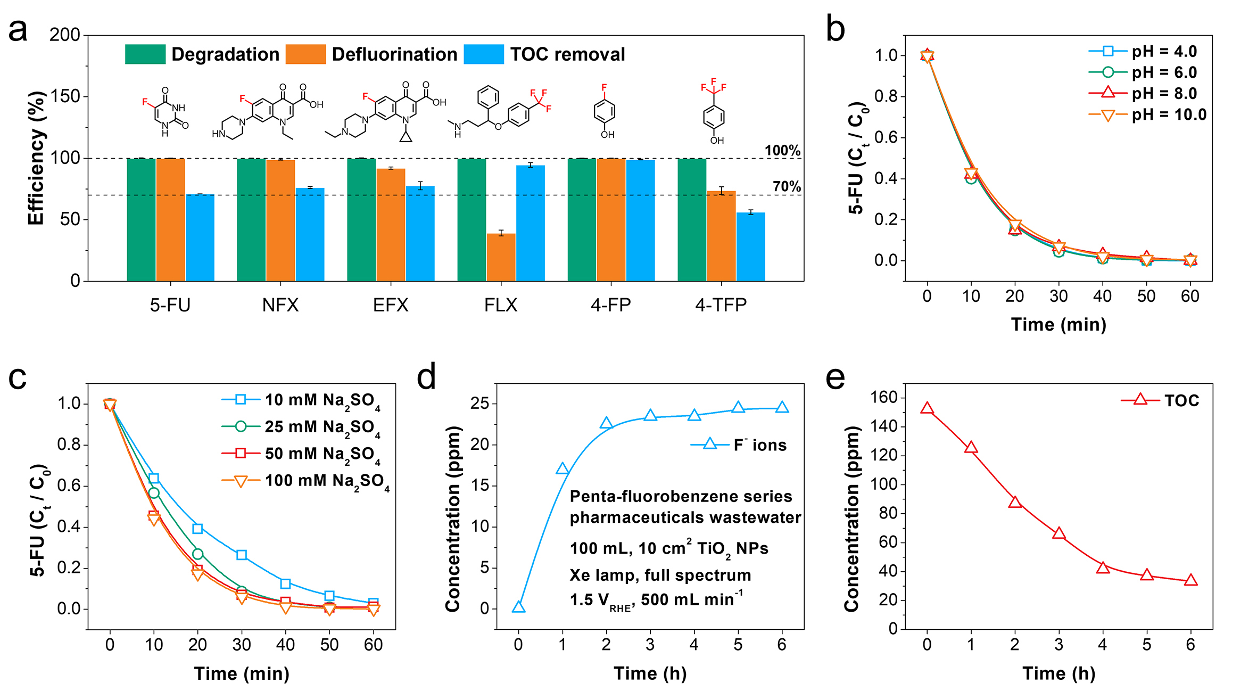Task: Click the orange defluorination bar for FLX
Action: (501, 257)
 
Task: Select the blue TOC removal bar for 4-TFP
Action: (750, 246)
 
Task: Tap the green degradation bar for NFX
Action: (251, 219)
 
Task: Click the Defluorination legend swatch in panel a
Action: (305, 54)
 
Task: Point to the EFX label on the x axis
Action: (391, 305)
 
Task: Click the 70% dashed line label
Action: (787, 186)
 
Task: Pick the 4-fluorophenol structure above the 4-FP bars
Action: (605, 112)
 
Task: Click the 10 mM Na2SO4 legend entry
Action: (301, 400)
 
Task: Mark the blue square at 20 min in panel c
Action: (198, 529)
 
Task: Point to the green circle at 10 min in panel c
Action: (154, 493)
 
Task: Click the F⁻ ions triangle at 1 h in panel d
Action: (562, 469)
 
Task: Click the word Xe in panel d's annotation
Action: (578, 575)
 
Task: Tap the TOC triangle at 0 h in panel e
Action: (927, 408)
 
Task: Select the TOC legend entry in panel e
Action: (1160, 400)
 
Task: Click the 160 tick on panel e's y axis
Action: (883, 397)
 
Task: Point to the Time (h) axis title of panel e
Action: (1058, 673)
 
